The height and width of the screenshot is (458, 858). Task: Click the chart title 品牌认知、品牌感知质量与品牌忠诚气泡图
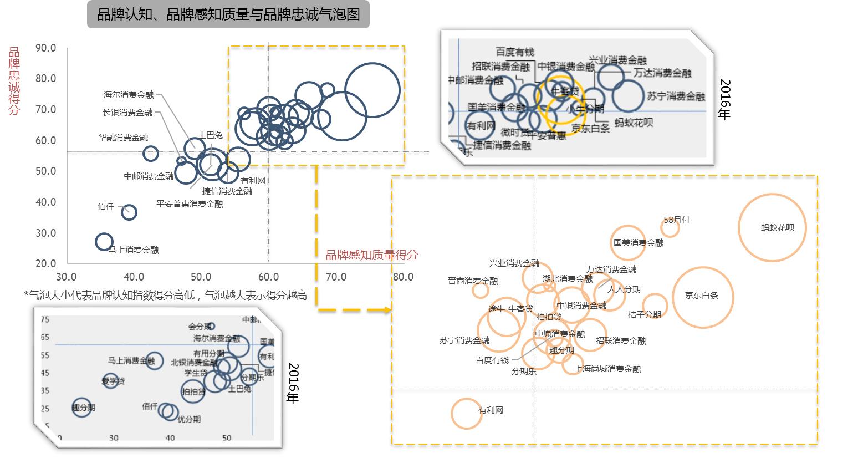click(228, 15)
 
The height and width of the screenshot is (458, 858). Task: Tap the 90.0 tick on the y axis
click(45, 48)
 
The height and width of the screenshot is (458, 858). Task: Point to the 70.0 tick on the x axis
click(336, 277)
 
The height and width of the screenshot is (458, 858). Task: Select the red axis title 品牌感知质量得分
click(371, 255)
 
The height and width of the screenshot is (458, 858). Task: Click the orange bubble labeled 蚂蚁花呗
click(772, 227)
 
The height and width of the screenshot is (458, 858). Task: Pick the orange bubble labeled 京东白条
click(703, 297)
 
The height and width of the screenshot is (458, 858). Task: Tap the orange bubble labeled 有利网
click(466, 413)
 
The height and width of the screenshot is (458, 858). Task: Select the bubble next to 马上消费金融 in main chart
click(104, 241)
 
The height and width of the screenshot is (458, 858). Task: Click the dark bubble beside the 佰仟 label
click(129, 211)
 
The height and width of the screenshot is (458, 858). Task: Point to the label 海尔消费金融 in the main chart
click(128, 95)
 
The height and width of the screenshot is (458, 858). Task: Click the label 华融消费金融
click(123, 138)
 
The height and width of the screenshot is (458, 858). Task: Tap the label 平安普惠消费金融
click(190, 204)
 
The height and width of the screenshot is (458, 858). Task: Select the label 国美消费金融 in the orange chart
click(638, 243)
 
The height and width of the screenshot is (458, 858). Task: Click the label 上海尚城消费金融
click(607, 369)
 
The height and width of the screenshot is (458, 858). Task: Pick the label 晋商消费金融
click(473, 281)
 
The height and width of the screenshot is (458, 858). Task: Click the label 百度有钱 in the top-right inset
click(515, 52)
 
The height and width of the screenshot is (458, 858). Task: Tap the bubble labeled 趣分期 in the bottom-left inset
click(82, 407)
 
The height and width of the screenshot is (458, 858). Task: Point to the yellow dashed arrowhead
click(387, 310)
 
